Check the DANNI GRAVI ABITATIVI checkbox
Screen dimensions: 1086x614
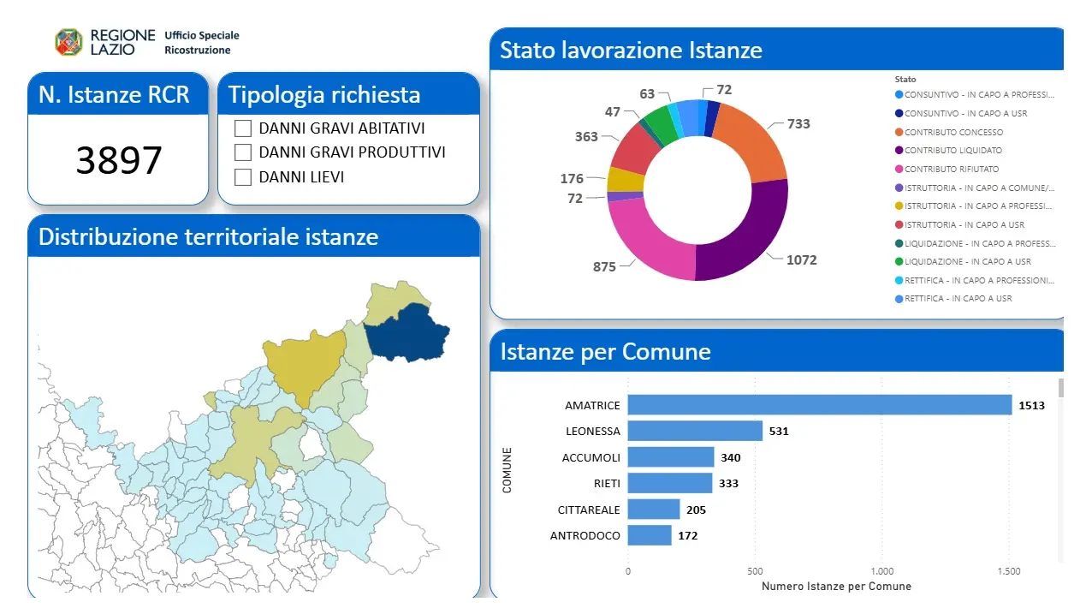pyautogui.click(x=243, y=128)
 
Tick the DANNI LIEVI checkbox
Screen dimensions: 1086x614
pyautogui.click(x=243, y=177)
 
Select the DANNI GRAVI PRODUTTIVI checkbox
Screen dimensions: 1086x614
pyautogui.click(x=243, y=152)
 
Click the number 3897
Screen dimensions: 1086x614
pyautogui.click(x=119, y=160)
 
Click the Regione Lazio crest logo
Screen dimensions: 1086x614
pyautogui.click(x=68, y=42)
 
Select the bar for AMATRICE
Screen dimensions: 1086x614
pyautogui.click(x=820, y=405)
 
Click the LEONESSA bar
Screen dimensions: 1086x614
pyautogui.click(x=695, y=431)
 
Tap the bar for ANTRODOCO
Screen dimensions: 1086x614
pyautogui.click(x=650, y=535)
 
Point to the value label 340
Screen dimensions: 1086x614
pyautogui.click(x=731, y=457)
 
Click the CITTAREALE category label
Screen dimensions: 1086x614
pyautogui.click(x=589, y=510)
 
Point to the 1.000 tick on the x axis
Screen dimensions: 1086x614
pyautogui.click(x=881, y=571)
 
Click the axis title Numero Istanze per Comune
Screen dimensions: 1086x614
pyautogui.click(x=836, y=586)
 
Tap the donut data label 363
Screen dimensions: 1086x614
pyautogui.click(x=586, y=137)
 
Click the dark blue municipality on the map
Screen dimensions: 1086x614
pyautogui.click(x=407, y=333)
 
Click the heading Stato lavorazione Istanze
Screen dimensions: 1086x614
pyautogui.click(x=631, y=50)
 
